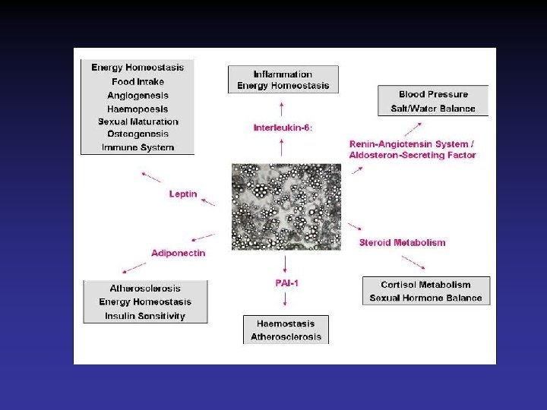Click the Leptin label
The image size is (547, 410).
182,194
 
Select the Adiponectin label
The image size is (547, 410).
178,253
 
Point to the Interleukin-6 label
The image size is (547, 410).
283,128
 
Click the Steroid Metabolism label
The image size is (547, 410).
402,243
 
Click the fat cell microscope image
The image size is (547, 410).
286,207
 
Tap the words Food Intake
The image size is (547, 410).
138,81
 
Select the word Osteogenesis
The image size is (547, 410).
138,134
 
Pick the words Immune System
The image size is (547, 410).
138,147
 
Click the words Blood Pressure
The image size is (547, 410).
433,94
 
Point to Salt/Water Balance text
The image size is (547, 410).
433,109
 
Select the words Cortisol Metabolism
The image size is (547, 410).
425,285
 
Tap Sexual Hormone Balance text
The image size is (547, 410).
425,298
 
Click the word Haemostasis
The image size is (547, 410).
286,323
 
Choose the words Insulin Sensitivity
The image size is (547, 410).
145,316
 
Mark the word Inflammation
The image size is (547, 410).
283,74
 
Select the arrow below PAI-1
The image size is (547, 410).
286,303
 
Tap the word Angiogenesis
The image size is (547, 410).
138,95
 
